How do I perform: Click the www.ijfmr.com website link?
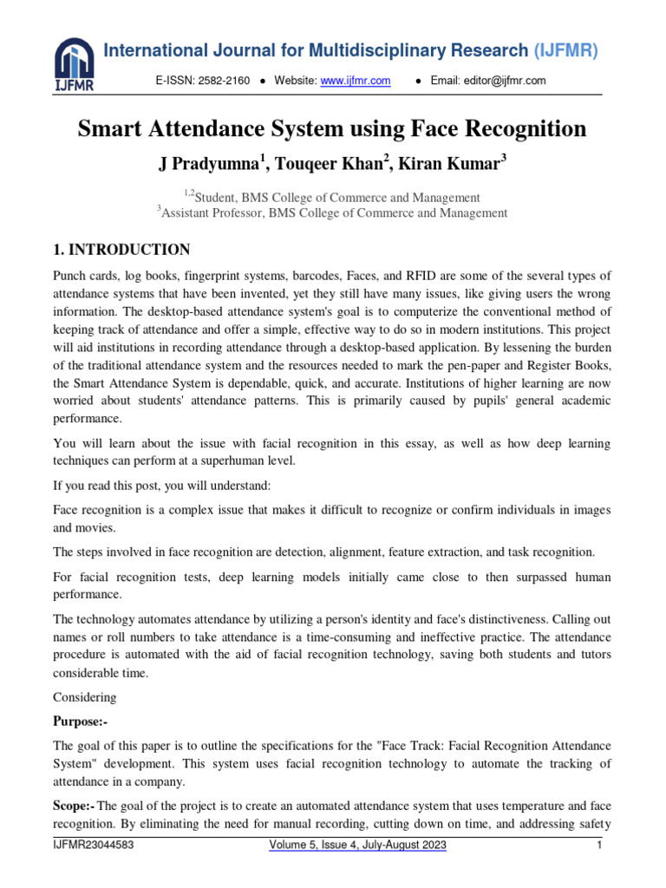(x=356, y=81)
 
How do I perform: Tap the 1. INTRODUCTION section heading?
(x=121, y=250)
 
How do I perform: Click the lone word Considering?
(x=82, y=696)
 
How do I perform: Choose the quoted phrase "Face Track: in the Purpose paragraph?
(x=373, y=746)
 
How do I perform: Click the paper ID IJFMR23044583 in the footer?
(x=94, y=844)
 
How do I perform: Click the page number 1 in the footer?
(x=599, y=844)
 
